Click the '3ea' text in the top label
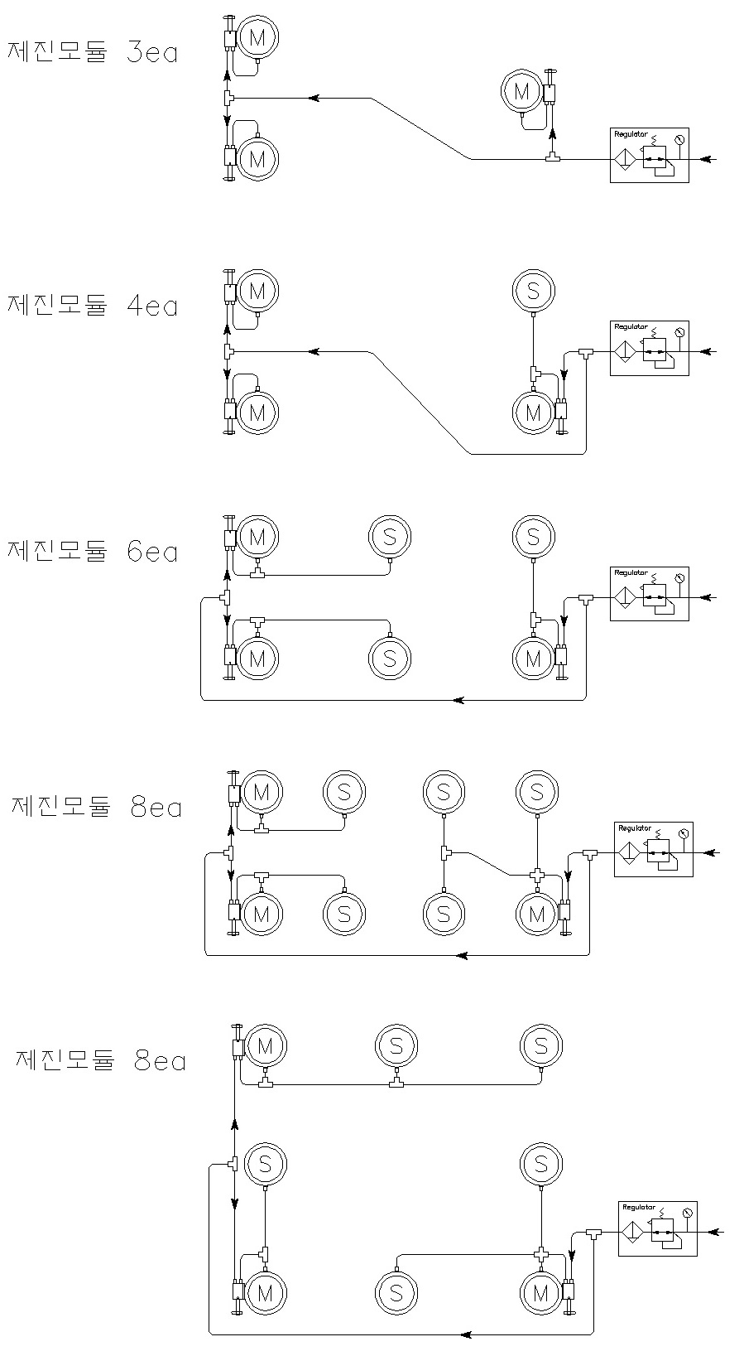point(152,53)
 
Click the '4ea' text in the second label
point(152,306)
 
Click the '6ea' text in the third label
point(152,551)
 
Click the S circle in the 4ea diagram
point(533,291)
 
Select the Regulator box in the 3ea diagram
point(650,156)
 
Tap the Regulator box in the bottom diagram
point(658,1228)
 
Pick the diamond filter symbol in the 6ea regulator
point(626,596)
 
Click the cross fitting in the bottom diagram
point(540,1255)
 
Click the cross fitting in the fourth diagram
point(537,874)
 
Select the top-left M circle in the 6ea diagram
point(257,537)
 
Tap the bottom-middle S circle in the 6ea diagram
point(390,659)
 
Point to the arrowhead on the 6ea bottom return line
point(458,700)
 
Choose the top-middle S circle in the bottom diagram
point(396,1045)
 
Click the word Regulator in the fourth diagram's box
point(635,828)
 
